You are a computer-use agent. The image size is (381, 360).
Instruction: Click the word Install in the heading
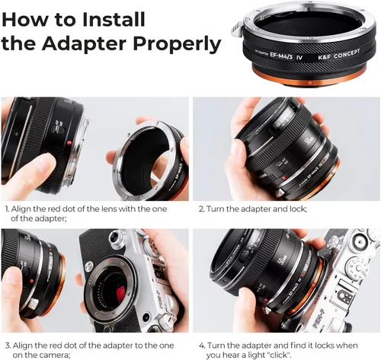114,19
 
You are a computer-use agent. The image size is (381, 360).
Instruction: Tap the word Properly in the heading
177,45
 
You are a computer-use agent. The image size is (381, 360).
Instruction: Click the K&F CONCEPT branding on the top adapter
339,54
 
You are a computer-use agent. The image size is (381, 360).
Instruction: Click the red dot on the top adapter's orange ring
309,83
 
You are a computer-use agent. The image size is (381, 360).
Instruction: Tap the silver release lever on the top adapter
237,29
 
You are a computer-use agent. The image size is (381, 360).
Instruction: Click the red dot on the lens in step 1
69,143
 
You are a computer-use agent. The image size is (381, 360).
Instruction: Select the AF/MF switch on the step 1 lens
59,128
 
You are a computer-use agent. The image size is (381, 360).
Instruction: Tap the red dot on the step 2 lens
283,178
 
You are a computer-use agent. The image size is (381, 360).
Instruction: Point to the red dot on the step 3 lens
31,281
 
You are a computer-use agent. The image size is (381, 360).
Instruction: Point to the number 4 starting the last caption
202,346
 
